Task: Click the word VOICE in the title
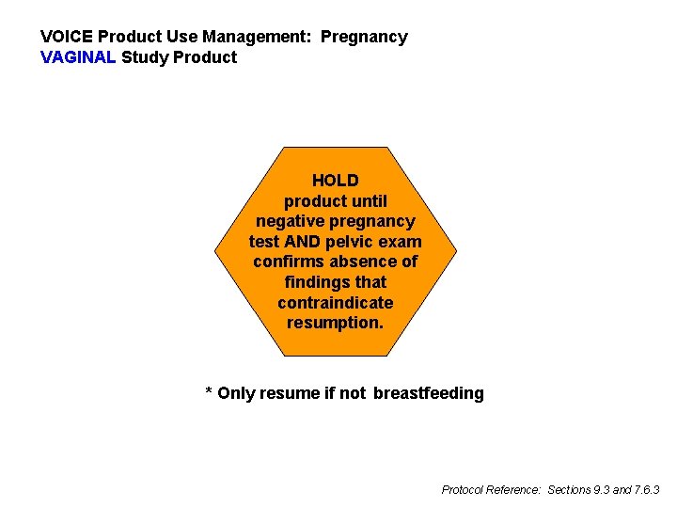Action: [x=66, y=38]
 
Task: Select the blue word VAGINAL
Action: [x=79, y=58]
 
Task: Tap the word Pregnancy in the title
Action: [x=364, y=38]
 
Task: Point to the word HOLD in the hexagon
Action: [x=336, y=181]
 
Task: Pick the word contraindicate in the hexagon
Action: [x=336, y=303]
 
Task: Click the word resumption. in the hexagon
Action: [x=336, y=323]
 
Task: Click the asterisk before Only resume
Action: [x=209, y=391]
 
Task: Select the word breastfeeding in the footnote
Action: [x=428, y=393]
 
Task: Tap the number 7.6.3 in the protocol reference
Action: [x=645, y=490]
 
